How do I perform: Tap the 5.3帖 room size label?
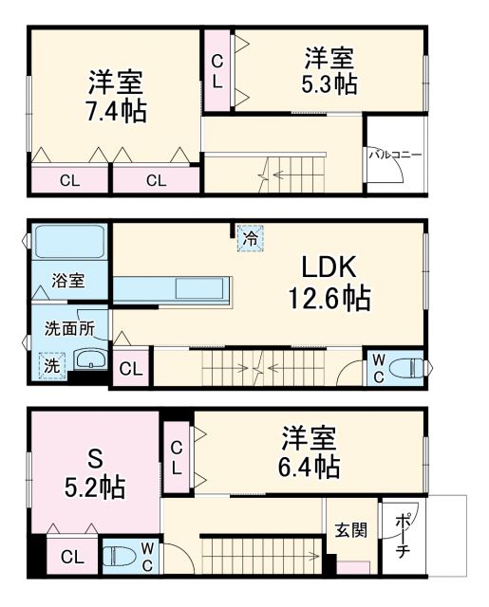[x=330, y=83]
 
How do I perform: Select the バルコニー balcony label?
[x=396, y=153]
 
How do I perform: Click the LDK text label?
[x=329, y=266]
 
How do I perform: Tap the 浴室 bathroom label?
[x=68, y=281]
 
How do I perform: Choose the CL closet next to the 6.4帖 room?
[x=178, y=455]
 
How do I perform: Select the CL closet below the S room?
[x=70, y=557]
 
